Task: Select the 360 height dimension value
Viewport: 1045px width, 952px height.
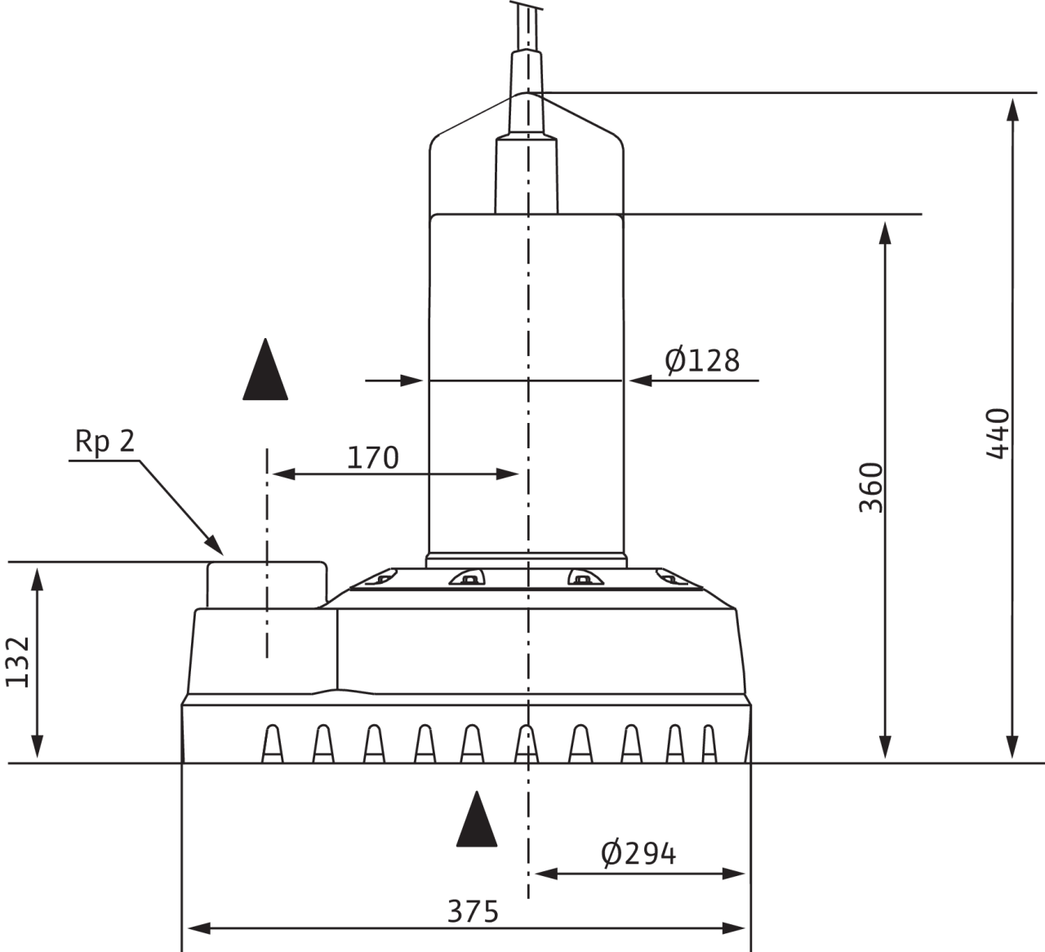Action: [x=872, y=487]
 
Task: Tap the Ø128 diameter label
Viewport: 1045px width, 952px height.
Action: [x=702, y=360]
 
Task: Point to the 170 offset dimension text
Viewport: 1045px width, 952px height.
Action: [x=372, y=458]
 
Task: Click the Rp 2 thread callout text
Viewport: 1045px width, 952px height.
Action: [x=104, y=442]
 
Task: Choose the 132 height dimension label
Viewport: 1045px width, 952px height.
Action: [x=18, y=661]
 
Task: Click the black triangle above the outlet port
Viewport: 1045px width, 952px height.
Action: [x=265, y=371]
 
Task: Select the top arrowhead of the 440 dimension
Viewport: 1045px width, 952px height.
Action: [x=1012, y=108]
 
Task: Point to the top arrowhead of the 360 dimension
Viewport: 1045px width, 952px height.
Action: [x=883, y=230]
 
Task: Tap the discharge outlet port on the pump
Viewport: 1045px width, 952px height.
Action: [x=266, y=582]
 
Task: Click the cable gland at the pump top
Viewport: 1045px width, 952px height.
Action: [x=527, y=73]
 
